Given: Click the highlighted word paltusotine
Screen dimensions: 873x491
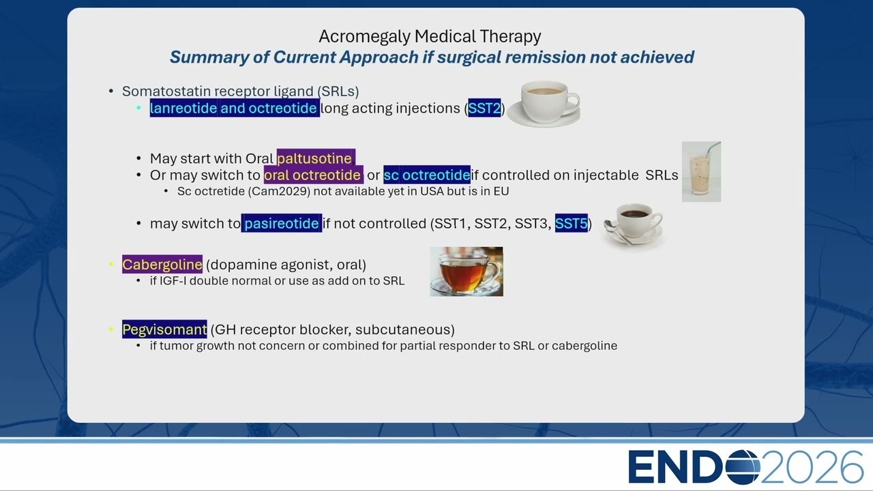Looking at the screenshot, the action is [316, 159].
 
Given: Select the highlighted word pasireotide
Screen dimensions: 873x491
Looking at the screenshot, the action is [282, 223].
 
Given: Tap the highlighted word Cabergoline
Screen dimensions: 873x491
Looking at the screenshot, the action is [162, 265].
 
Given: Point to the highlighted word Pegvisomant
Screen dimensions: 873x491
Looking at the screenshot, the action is [164, 329].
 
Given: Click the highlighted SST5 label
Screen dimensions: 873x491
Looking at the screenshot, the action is [572, 224].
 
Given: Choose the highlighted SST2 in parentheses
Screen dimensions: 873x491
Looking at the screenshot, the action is [484, 108].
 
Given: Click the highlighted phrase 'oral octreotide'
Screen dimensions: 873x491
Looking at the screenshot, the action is [313, 175].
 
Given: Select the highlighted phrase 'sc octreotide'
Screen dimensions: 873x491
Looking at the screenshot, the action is [427, 175].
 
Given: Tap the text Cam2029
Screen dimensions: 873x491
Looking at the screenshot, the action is [279, 192].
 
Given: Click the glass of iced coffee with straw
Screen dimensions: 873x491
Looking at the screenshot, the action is [701, 172].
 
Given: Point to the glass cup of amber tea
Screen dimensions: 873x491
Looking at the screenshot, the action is [466, 271].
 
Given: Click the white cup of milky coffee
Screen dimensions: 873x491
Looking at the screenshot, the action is [544, 104].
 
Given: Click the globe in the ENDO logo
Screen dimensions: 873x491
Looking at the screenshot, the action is [743, 467].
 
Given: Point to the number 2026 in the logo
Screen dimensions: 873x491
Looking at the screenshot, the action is [812, 467].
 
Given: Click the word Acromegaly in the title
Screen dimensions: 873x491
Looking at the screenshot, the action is [365, 37].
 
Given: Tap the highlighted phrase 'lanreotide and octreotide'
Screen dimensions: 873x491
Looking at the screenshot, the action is [235, 108].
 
